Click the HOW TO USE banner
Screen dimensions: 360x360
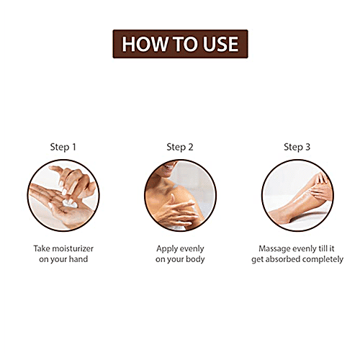180,44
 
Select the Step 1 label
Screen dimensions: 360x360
63,147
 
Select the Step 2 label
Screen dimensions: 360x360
180,147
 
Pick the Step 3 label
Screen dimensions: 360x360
297,147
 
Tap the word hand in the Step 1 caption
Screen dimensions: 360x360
81,259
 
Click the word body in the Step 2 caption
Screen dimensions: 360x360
194,259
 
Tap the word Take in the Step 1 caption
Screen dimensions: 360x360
42,247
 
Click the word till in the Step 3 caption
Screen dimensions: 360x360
322,247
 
